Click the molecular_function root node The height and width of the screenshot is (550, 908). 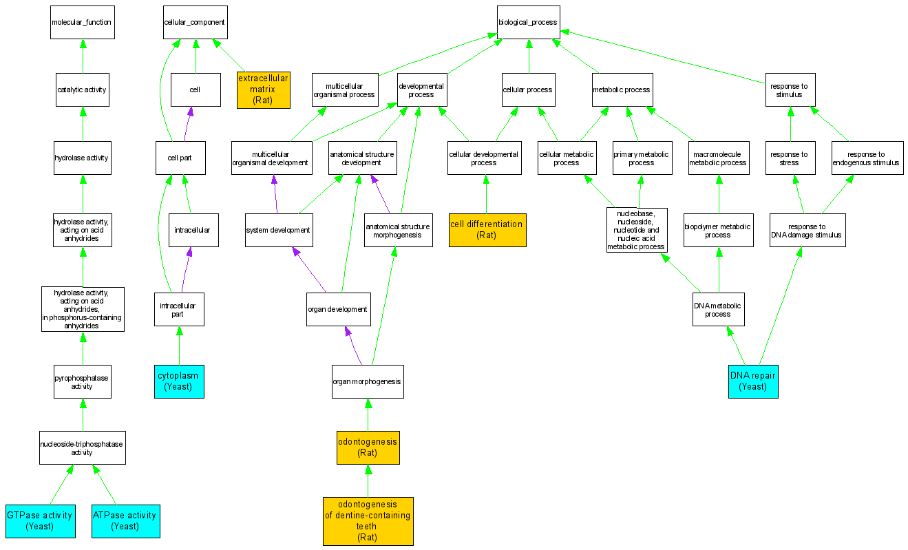pos(81,23)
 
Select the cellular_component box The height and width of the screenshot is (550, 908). pos(194,23)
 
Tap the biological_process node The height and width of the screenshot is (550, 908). pos(528,23)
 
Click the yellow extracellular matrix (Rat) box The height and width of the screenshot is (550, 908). pos(263,89)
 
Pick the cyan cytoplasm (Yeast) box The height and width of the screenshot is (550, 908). pos(179,381)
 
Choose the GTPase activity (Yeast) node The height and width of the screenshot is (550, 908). pos(40,520)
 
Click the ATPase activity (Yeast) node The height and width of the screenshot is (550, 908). pos(125,520)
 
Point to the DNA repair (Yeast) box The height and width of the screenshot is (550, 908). pos(753,381)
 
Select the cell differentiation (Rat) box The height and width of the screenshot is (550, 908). pos(487,230)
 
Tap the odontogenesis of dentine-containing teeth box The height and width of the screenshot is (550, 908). pos(368,521)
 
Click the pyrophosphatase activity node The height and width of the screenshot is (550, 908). pos(83,381)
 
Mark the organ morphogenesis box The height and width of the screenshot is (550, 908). pos(367,381)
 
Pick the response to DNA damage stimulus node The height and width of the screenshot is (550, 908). pos(807,230)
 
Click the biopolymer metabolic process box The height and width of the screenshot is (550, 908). pos(718,230)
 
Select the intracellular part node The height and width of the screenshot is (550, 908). pos(179,309)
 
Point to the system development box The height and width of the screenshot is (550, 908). pos(279,230)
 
